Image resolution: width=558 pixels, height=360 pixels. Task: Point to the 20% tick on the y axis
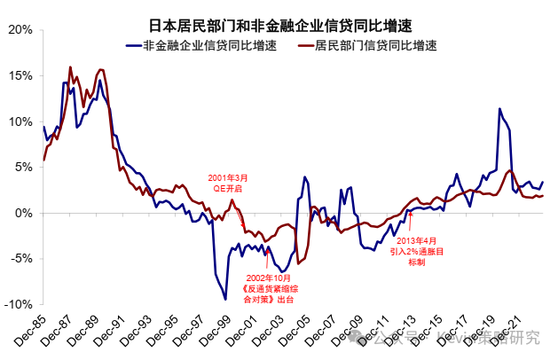(19, 29)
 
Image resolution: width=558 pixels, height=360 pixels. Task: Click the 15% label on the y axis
(19, 75)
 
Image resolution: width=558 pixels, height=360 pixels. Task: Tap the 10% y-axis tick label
(19, 121)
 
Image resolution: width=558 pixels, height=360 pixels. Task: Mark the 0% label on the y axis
(23, 213)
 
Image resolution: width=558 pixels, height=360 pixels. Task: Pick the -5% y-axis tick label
(20, 259)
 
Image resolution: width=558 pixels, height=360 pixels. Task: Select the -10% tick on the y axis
(17, 304)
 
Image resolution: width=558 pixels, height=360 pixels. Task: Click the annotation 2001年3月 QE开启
(224, 183)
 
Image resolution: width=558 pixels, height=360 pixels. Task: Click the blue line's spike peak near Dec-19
(499, 109)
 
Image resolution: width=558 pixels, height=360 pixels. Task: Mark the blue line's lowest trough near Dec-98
(224, 299)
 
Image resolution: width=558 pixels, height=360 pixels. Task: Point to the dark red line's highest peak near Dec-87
(70, 67)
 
